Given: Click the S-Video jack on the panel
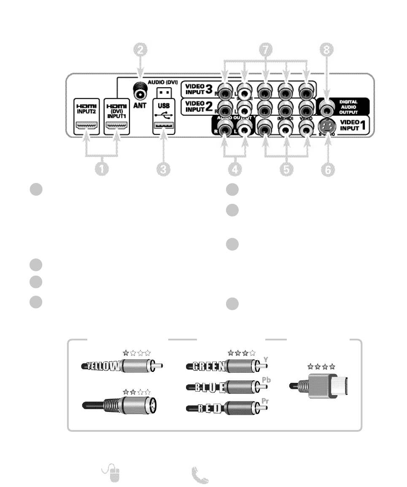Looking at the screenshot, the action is click(327, 125).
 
